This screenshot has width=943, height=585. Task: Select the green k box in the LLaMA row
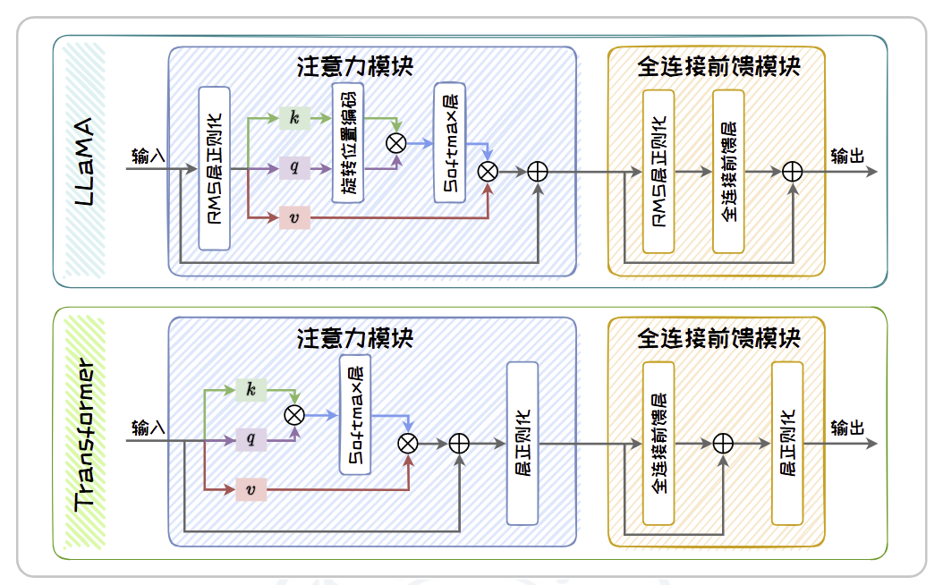coord(294,117)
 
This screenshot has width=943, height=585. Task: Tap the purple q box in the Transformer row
coord(251,439)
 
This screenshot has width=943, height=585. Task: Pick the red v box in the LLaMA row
coord(294,216)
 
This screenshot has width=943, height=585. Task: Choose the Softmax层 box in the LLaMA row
coord(451,142)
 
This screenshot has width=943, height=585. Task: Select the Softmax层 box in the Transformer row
coord(355,414)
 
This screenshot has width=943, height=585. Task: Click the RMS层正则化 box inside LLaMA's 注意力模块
coord(215,168)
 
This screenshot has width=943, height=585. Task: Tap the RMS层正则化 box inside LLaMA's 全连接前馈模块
coord(658,171)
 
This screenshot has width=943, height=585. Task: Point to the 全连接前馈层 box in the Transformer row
coord(658,443)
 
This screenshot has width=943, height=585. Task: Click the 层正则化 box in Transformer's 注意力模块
coord(522,443)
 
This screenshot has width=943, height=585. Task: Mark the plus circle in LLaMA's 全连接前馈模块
coord(792,172)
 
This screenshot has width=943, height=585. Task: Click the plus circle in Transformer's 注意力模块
coord(459,442)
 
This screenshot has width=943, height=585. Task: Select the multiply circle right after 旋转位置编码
coord(395,142)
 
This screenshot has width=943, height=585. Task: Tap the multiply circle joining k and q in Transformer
coord(294,414)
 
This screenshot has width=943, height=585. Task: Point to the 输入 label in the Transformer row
coord(148,428)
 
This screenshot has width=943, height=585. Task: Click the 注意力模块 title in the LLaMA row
coord(355,66)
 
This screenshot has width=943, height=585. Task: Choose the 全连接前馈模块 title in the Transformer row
coord(718,338)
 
